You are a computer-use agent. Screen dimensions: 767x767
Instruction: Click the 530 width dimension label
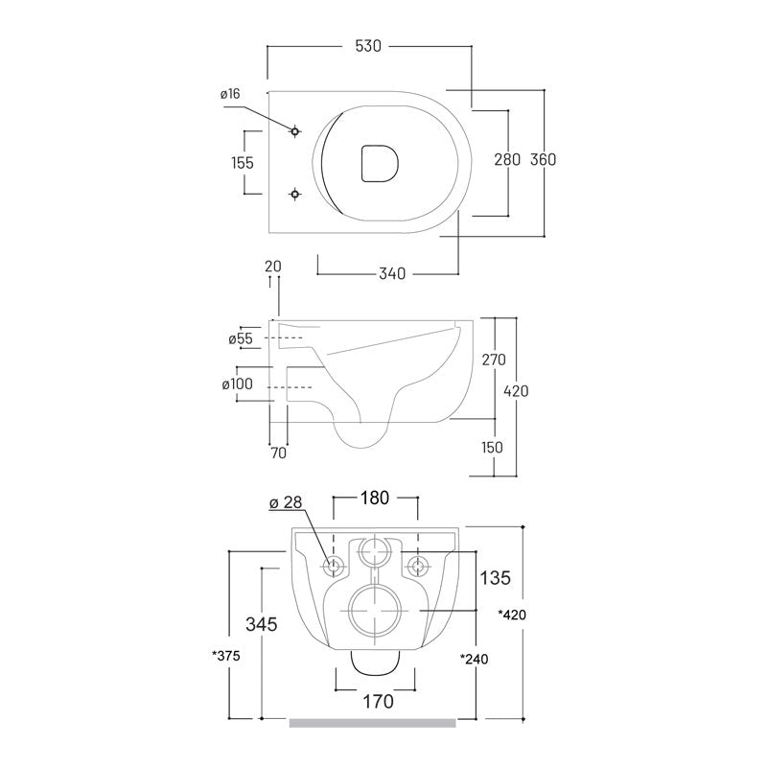[x=368, y=46]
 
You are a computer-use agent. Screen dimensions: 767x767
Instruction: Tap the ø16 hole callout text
[x=230, y=93]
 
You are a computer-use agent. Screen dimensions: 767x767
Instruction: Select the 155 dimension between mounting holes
[x=243, y=162]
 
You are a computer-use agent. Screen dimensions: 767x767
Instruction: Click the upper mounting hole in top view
[x=294, y=131]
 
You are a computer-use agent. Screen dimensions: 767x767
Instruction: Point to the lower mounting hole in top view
[x=294, y=195]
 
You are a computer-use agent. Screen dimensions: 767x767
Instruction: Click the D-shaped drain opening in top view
[x=380, y=163]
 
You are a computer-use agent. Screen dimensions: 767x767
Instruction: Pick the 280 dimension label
[x=507, y=159]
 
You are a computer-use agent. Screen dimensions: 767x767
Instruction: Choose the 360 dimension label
[x=544, y=159]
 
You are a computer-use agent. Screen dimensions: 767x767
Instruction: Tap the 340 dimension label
[x=392, y=273]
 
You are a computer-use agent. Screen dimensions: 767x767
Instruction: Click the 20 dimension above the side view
[x=273, y=267]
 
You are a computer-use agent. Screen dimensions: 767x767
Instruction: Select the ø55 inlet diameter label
[x=241, y=338]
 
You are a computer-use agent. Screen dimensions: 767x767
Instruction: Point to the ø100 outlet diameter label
[x=238, y=384]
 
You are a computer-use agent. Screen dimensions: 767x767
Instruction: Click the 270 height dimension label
[x=494, y=360]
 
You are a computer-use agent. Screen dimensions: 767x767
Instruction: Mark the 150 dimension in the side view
[x=492, y=447]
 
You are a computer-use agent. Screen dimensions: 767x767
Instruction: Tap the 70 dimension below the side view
[x=278, y=453]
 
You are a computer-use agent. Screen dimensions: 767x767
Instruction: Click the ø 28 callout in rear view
[x=286, y=502]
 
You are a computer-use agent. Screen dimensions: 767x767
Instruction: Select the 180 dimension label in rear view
[x=375, y=498]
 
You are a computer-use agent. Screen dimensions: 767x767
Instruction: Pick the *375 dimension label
[x=226, y=656]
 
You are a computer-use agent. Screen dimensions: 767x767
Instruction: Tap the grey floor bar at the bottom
[x=373, y=723]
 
